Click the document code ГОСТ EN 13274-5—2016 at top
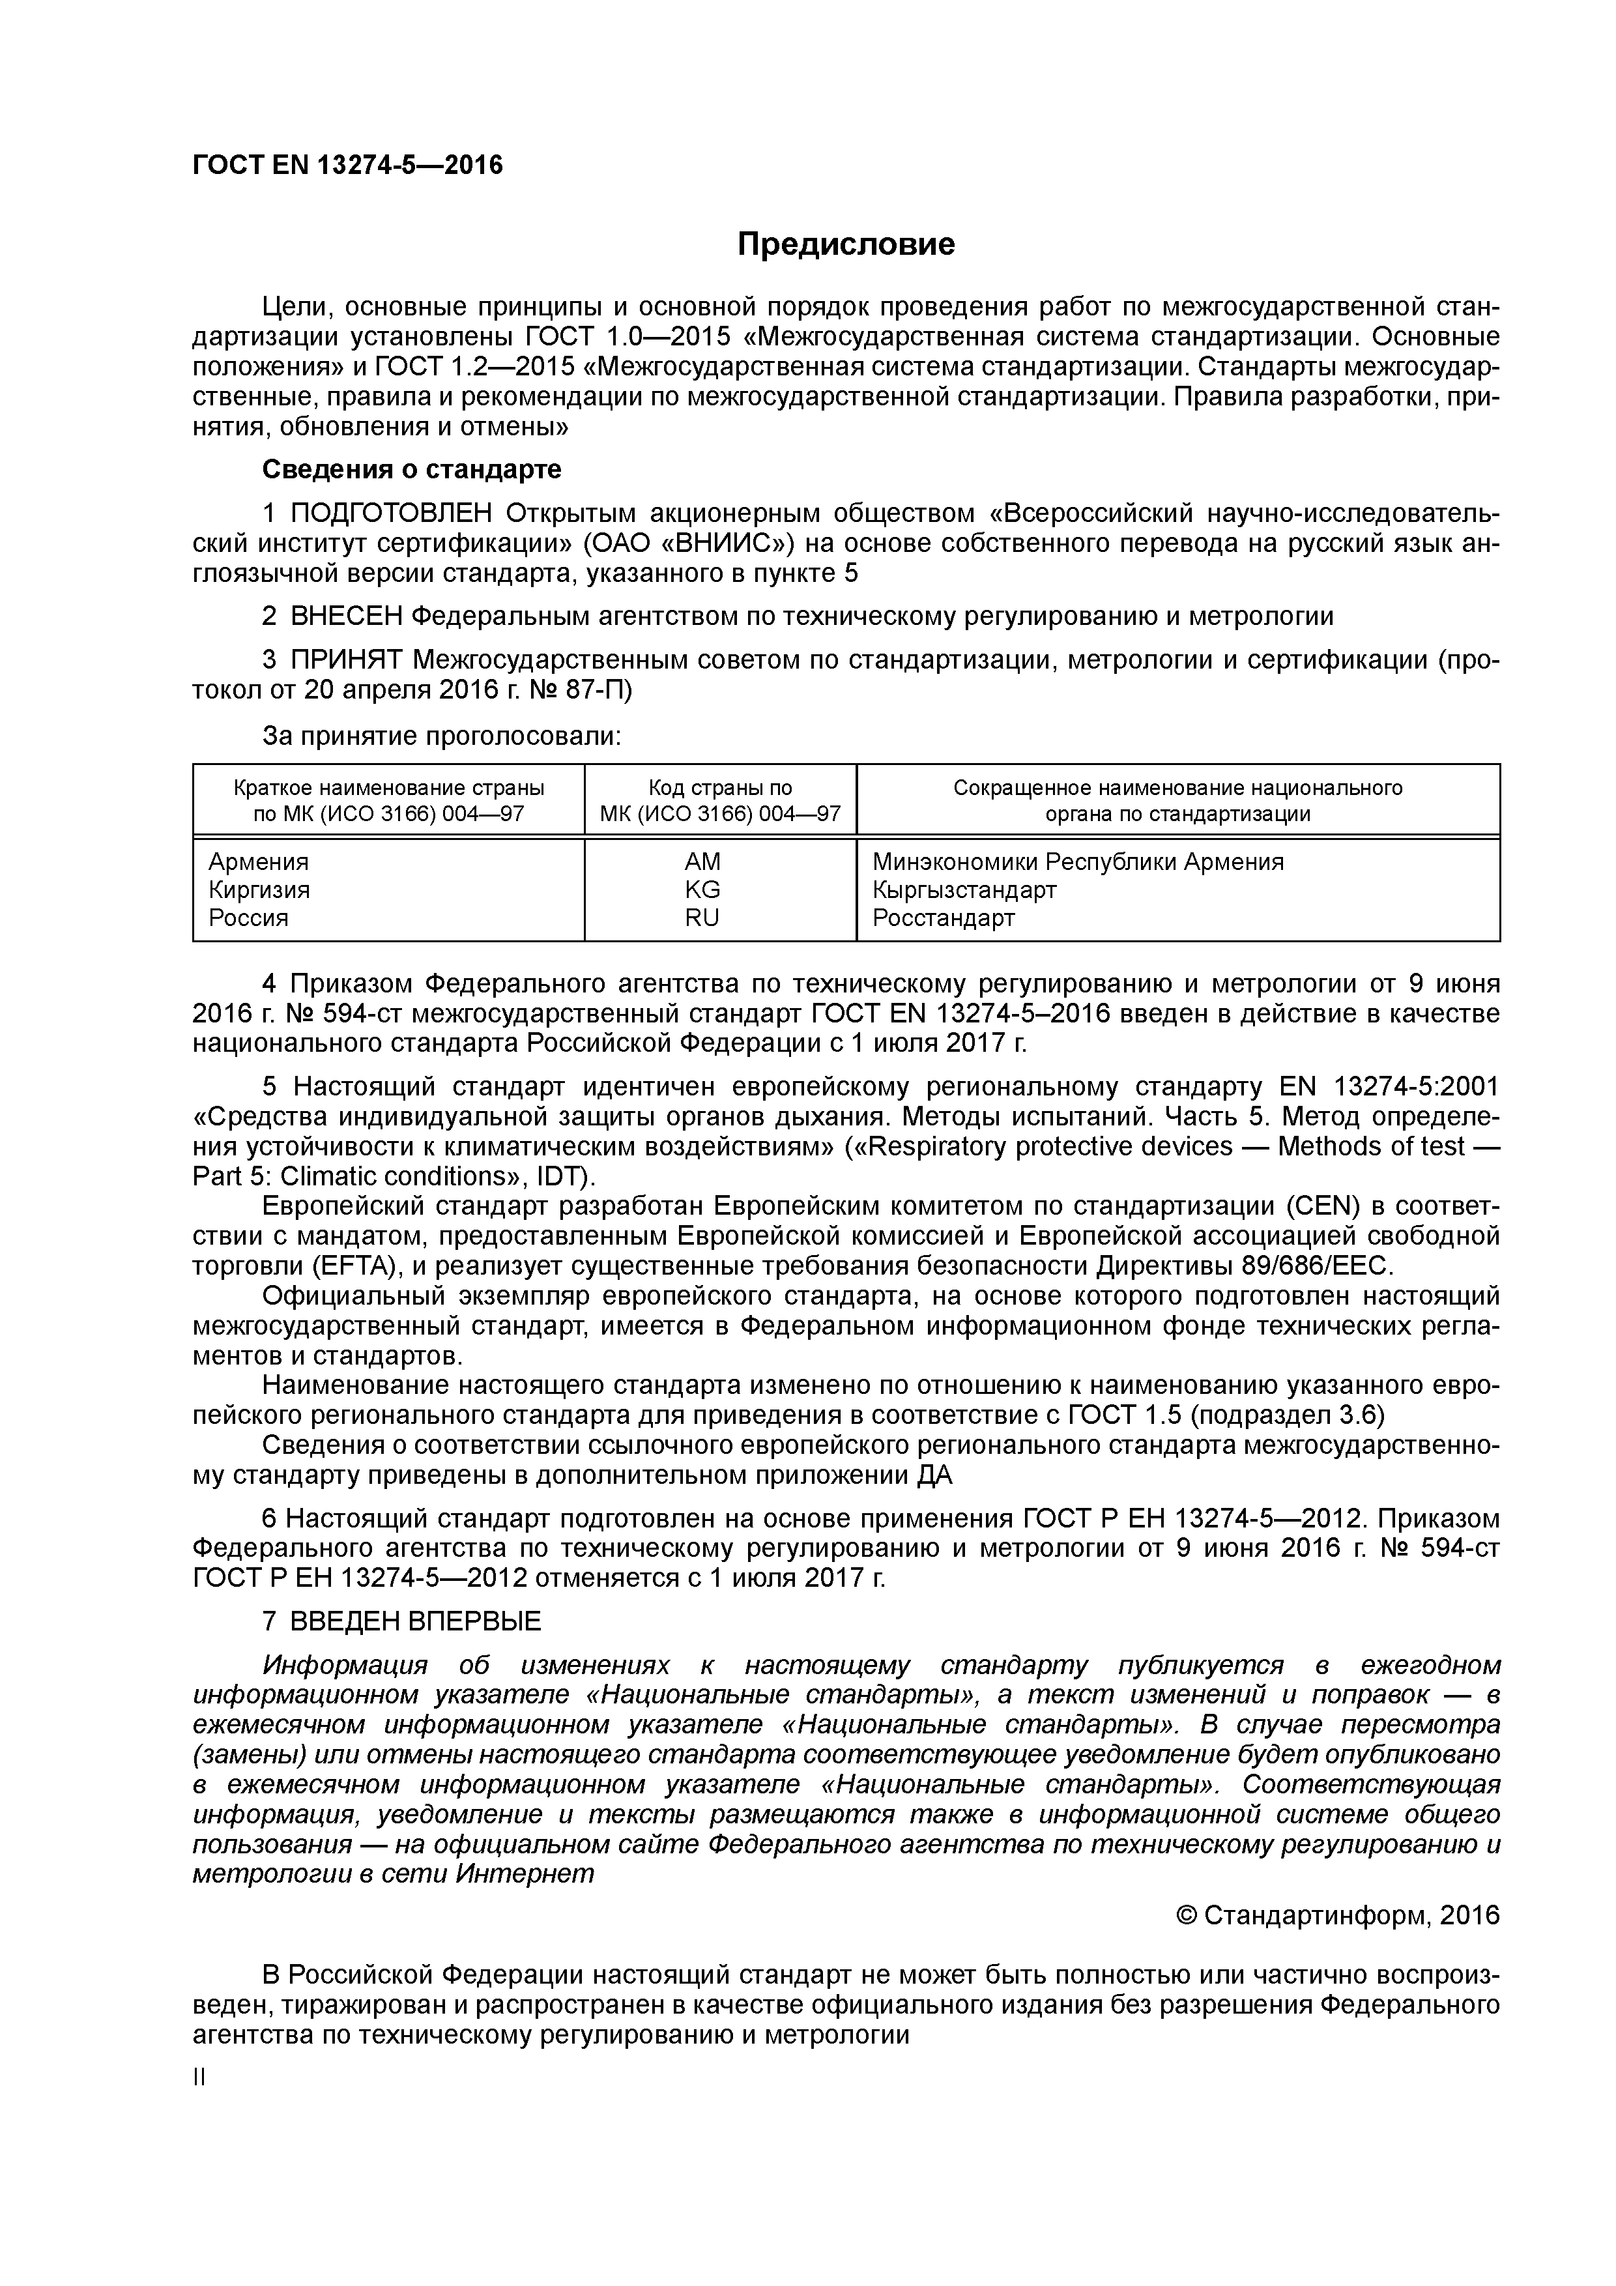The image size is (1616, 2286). [347, 166]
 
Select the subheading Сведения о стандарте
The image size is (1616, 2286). [411, 469]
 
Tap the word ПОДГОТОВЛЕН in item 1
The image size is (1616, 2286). [392, 513]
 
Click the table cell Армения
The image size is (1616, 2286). [259, 861]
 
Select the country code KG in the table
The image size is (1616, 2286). [702, 889]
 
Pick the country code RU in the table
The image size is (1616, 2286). [702, 917]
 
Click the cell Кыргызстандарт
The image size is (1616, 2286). [964, 889]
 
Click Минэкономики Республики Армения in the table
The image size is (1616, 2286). [1077, 861]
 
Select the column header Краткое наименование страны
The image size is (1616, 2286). [388, 788]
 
